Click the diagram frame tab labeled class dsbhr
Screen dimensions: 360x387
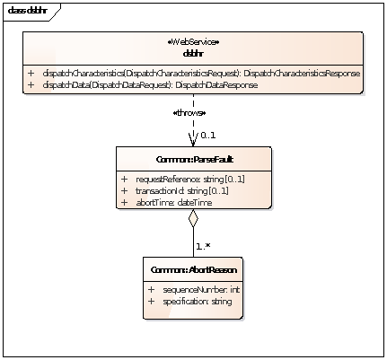27,11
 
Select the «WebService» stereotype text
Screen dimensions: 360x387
194,42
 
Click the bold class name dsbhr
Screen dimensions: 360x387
194,52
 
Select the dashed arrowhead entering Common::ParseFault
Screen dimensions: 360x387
193,139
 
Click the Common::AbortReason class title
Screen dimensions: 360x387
193,269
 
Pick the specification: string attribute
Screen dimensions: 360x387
196,302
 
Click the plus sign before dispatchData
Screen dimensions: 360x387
31,84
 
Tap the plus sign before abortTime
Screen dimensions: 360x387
124,203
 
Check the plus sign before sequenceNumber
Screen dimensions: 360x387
151,290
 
